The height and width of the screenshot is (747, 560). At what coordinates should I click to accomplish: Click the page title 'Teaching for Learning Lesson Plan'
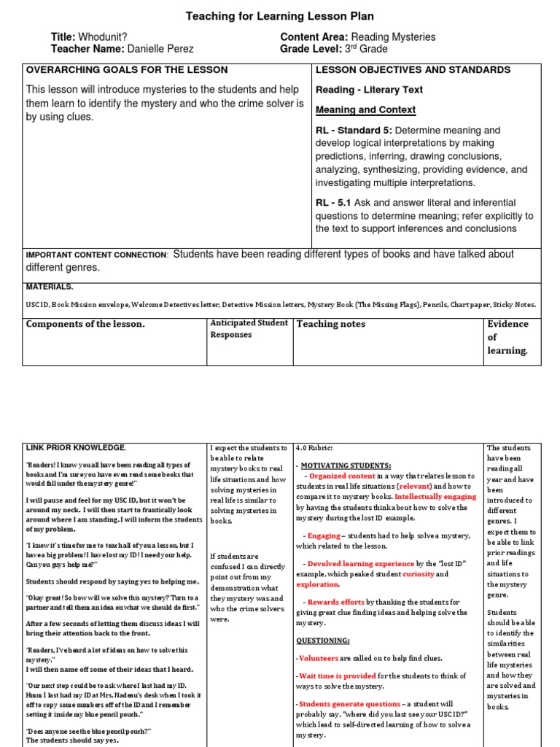pos(280,16)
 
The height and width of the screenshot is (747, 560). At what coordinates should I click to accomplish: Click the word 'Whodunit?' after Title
pos(102,37)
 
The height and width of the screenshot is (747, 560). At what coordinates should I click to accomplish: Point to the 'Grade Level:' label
pos(309,49)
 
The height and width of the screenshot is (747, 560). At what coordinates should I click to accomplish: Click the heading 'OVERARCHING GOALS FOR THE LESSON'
pos(127,70)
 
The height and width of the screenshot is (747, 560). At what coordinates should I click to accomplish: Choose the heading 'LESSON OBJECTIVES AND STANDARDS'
pos(413,70)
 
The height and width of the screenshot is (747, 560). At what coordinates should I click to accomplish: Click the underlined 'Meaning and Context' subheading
pos(365,109)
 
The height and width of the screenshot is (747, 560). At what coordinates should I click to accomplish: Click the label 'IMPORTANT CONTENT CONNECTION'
pos(96,255)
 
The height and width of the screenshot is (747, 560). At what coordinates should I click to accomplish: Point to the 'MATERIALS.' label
pos(50,287)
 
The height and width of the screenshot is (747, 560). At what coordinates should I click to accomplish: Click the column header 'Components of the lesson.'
pos(85,324)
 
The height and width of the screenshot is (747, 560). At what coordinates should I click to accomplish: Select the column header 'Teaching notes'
pos(330,324)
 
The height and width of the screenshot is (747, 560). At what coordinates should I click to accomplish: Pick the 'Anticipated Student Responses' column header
pos(248,328)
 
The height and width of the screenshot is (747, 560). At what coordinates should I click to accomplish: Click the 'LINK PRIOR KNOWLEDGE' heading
pos(76,447)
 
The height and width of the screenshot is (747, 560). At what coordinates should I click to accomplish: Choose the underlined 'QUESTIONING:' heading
pos(322,640)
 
